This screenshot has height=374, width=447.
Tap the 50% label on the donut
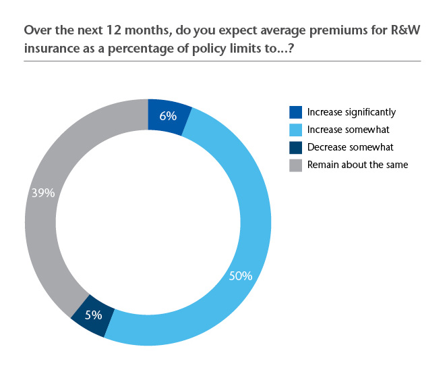(241, 276)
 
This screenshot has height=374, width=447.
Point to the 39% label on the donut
(42, 192)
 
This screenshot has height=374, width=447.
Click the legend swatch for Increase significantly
(295, 112)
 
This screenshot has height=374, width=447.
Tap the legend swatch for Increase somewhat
(295, 130)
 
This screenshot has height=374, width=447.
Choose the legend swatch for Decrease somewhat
(295, 146)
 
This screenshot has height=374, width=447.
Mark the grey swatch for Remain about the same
(295, 164)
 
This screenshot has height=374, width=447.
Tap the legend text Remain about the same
(357, 164)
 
